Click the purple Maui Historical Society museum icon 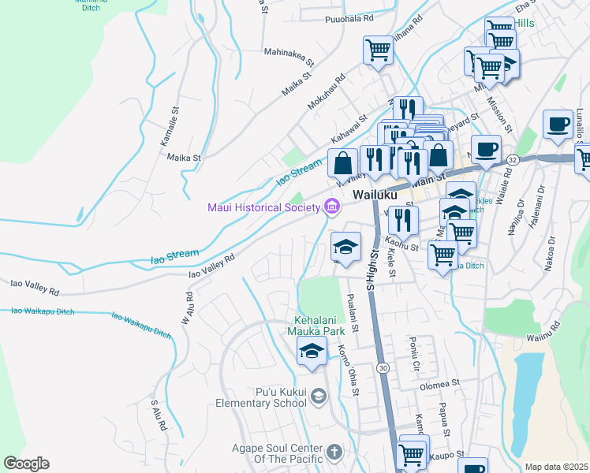tap(333, 207)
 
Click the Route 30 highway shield tap(383, 368)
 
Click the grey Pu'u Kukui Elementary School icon tap(318, 396)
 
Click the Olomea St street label tap(439, 383)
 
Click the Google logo tap(26, 464)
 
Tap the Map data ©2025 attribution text tap(556, 467)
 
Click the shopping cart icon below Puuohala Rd tap(378, 51)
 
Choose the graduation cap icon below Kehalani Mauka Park tap(312, 352)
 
